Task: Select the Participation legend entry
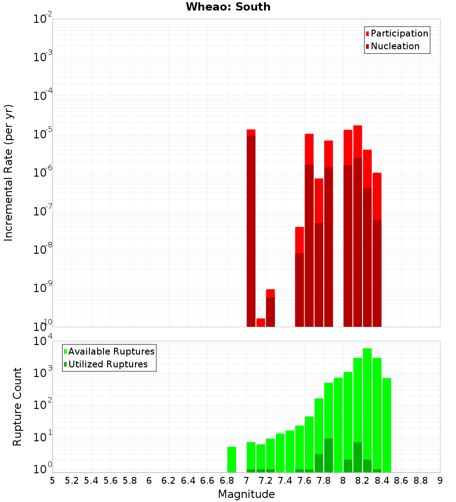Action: [x=397, y=33]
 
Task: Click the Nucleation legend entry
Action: [x=392, y=46]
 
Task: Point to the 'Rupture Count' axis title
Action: [x=17, y=407]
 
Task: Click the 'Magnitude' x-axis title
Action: [x=246, y=494]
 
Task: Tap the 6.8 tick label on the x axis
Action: [x=227, y=481]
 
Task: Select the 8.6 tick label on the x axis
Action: [x=401, y=481]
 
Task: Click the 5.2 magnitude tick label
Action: [x=72, y=481]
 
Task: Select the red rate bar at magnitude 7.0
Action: [x=251, y=228]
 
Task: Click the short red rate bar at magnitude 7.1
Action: [x=260, y=322]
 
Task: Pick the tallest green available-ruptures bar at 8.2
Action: [x=368, y=411]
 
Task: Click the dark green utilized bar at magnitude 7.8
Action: [x=328, y=455]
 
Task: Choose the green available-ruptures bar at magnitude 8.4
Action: [x=387, y=424]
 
